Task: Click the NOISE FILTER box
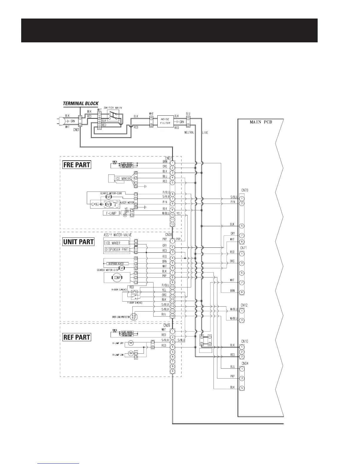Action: (165, 121)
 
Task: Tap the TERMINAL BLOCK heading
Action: (81, 104)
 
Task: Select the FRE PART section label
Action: (77, 165)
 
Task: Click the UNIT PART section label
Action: (79, 242)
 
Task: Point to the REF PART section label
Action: (77, 337)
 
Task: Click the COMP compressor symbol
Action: (117, 277)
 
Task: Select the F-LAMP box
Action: (111, 213)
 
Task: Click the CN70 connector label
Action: (244, 190)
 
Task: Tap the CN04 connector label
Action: (244, 364)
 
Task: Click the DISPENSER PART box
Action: (117, 249)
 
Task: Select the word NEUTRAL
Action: (189, 133)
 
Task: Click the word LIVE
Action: (205, 133)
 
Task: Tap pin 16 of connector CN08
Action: (172, 316)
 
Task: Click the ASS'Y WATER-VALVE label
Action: (118, 235)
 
